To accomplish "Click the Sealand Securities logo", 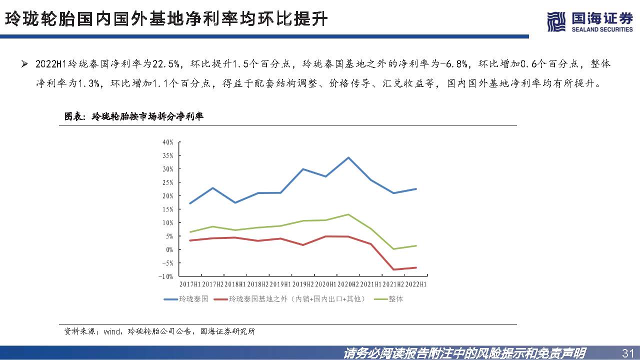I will [590, 21].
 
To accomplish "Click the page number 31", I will [627, 353].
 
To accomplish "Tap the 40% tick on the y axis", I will [167, 142].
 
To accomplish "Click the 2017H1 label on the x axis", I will [190, 284].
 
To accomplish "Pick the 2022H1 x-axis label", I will [416, 284].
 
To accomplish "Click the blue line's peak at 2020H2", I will [348, 157].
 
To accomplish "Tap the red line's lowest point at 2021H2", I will [393, 269].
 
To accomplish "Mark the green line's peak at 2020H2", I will [348, 214].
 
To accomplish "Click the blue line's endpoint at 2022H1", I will [416, 189].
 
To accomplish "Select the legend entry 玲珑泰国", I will [185, 299].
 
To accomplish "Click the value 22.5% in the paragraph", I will [169, 64].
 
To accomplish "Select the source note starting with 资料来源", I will [159, 331].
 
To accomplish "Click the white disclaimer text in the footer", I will [465, 353].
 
